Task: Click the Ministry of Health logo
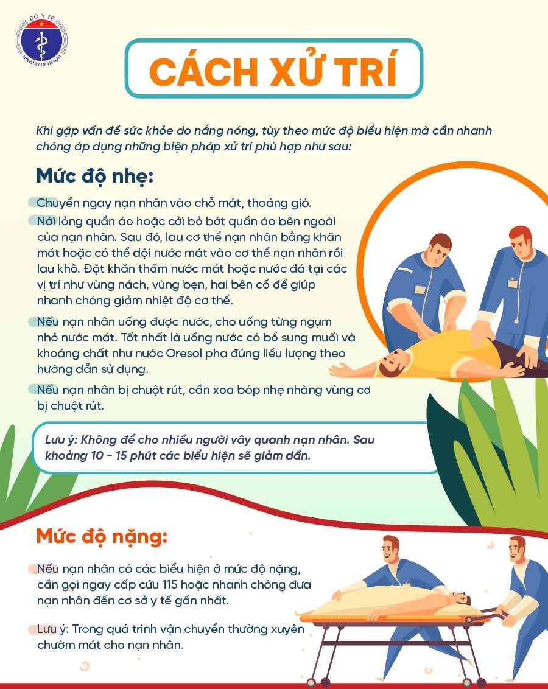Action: [x=41, y=43]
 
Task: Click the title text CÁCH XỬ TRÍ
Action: [x=273, y=71]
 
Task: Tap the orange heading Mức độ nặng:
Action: [x=101, y=536]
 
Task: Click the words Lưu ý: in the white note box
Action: [x=60, y=440]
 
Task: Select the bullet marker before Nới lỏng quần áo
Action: [x=33, y=219]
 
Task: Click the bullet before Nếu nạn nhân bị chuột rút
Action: [x=33, y=390]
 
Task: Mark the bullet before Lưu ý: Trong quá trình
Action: [x=33, y=629]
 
